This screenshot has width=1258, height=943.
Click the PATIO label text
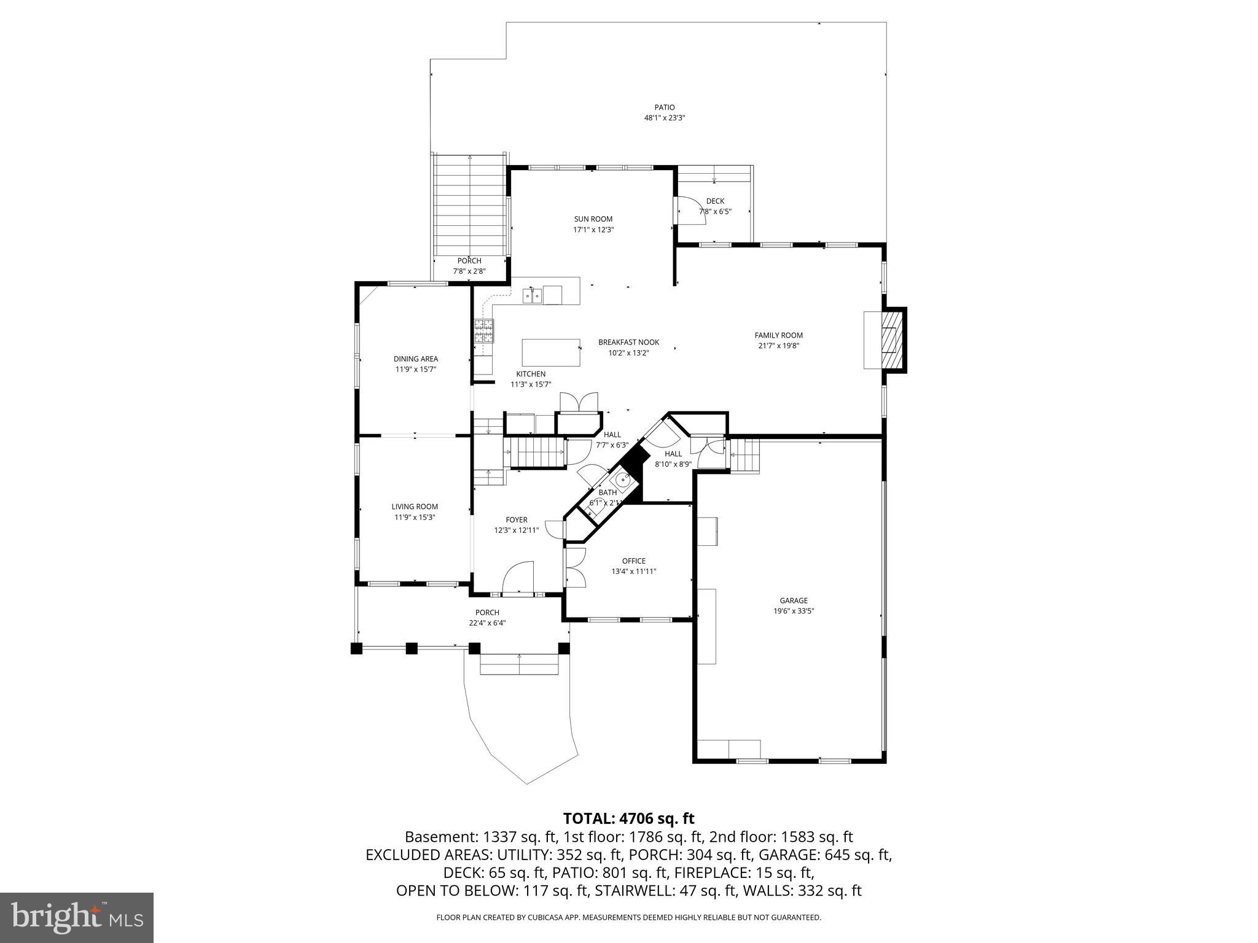point(664,107)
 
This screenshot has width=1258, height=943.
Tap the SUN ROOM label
point(593,219)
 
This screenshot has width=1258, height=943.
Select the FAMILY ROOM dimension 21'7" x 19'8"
point(778,346)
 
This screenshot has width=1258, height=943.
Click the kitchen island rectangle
point(551,352)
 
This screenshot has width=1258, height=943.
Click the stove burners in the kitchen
point(483,331)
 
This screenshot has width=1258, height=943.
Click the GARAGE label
point(794,600)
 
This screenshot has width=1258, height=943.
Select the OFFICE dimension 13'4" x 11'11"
point(633,571)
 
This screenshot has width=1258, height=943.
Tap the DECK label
point(715,201)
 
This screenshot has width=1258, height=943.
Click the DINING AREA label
point(416,359)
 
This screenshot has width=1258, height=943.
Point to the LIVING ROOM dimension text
point(415,517)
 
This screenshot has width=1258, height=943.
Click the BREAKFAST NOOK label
point(628,343)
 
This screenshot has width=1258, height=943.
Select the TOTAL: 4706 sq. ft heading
point(628,818)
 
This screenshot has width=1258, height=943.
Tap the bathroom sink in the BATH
point(622,481)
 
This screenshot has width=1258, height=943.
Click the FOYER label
point(516,520)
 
